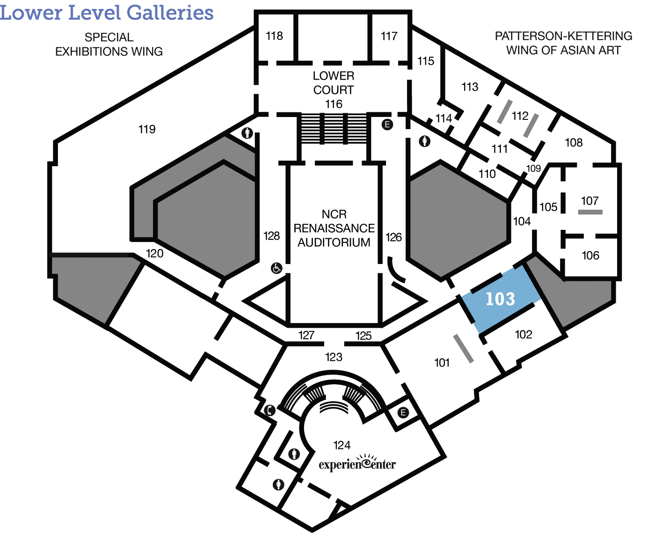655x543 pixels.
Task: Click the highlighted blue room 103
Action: [x=501, y=299]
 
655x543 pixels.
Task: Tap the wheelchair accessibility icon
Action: [x=277, y=268]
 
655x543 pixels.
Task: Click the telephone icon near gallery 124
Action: [x=269, y=410]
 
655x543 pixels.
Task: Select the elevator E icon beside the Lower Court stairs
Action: [x=387, y=125]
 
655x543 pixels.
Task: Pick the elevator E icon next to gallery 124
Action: [x=403, y=412]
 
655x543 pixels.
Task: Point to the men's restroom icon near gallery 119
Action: [x=247, y=133]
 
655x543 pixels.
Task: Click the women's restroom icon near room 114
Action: [x=424, y=141]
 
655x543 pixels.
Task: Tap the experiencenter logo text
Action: [x=357, y=463]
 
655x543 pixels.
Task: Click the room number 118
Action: [x=275, y=36]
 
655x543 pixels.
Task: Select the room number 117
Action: [x=389, y=36]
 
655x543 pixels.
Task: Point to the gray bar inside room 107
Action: [x=590, y=212]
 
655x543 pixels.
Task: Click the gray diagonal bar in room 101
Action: [x=463, y=349]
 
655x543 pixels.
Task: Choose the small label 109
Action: [x=533, y=169]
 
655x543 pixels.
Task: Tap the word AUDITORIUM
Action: [x=334, y=242]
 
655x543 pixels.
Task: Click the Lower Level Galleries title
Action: [x=107, y=13]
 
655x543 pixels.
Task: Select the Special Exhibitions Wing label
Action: [x=109, y=44]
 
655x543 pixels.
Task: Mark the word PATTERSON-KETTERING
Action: [x=563, y=36]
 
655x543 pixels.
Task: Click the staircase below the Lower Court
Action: [x=334, y=129]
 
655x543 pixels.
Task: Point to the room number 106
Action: [x=590, y=256]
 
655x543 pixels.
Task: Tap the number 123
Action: [x=334, y=357]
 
